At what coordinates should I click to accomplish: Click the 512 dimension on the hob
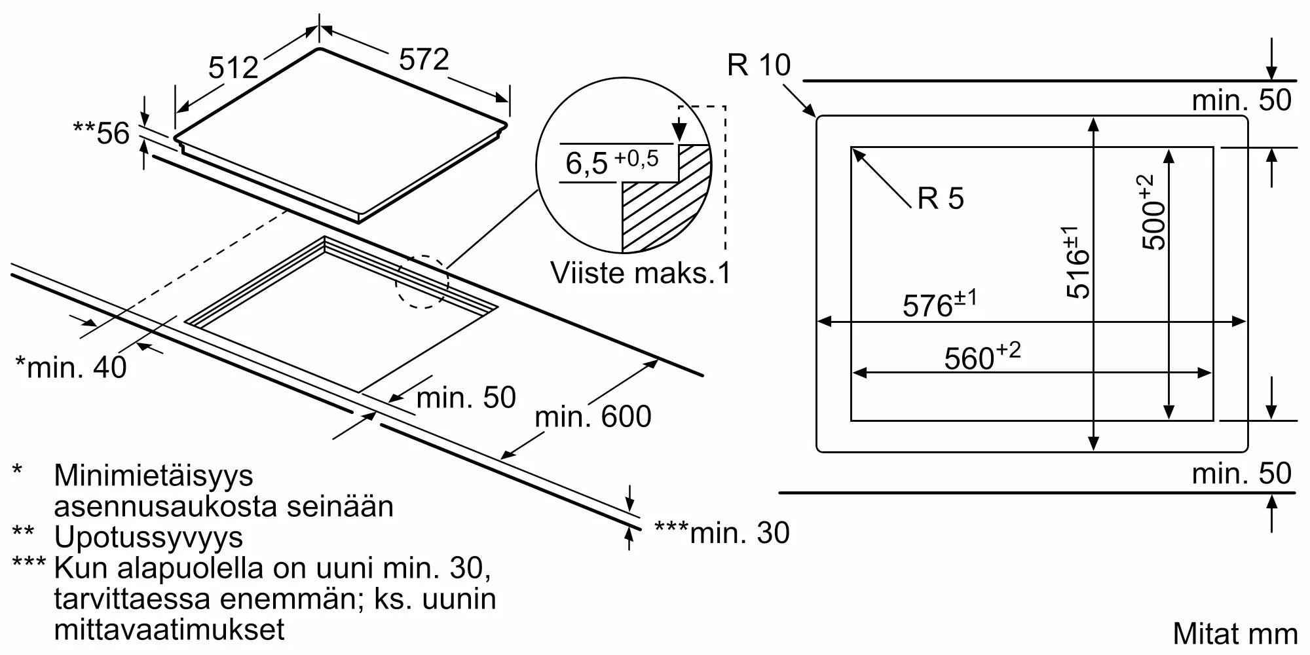(233, 67)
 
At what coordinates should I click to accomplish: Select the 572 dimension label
(424, 60)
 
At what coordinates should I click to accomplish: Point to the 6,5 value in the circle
(587, 163)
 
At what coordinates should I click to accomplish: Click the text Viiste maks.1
(640, 272)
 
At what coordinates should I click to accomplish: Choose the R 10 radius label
(758, 65)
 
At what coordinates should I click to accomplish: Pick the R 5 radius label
(940, 198)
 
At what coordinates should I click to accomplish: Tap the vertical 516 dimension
(1077, 262)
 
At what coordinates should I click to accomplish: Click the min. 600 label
(593, 417)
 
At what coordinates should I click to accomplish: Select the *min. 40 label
(71, 367)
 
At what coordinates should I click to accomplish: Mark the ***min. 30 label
(722, 533)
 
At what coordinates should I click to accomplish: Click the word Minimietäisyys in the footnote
(153, 475)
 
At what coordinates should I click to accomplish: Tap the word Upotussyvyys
(149, 537)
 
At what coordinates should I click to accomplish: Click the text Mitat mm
(1235, 633)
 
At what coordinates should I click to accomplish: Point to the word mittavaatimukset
(169, 629)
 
